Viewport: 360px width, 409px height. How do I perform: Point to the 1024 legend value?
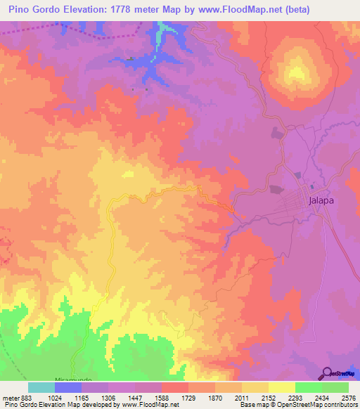(55, 397)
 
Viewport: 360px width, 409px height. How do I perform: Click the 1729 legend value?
(188, 397)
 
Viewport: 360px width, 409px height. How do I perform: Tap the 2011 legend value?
(242, 397)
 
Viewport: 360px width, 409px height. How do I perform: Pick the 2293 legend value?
(295, 397)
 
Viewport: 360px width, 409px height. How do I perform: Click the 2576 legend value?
(348, 397)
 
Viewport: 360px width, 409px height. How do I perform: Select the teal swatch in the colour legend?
(41, 387)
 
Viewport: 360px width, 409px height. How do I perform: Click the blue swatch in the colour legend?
(68, 387)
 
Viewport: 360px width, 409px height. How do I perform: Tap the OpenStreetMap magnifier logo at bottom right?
(327, 372)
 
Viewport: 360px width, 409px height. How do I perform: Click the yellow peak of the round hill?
(297, 71)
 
